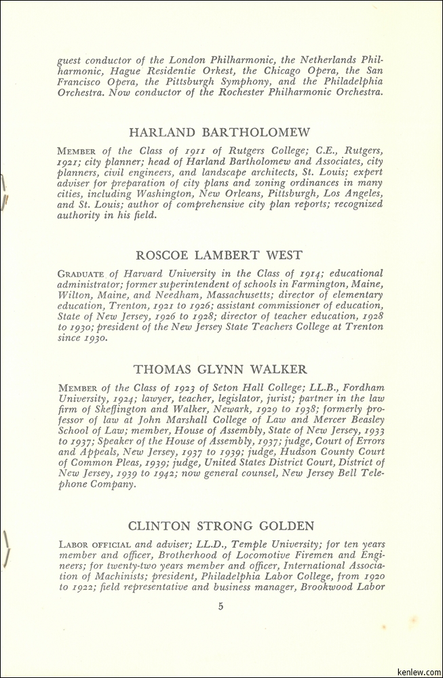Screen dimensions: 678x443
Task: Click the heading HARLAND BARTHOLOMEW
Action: point(219,132)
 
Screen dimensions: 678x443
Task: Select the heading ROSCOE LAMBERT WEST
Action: point(219,255)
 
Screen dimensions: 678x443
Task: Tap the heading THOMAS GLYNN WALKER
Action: point(220,370)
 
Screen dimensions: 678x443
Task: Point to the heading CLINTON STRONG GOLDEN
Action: point(220,525)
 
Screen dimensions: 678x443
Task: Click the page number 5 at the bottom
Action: point(220,606)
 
